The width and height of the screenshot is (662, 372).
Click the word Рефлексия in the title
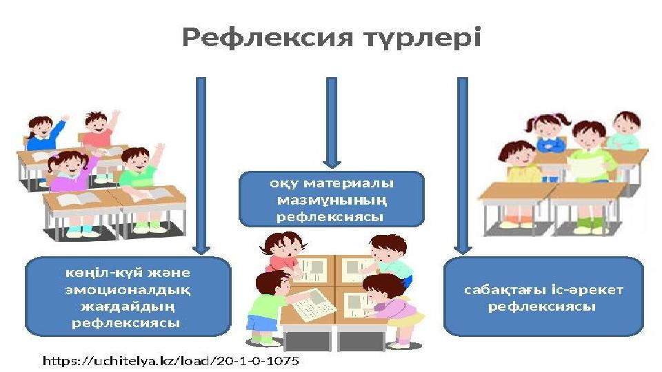[268, 38]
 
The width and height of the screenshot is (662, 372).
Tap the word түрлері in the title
[423, 38]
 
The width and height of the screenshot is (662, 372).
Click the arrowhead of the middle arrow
[332, 163]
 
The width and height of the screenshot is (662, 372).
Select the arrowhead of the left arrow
[201, 249]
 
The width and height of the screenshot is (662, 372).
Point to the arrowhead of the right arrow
[463, 249]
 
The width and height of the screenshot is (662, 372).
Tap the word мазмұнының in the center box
[332, 200]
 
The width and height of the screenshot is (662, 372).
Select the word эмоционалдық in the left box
[128, 291]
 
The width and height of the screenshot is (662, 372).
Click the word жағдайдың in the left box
[128, 307]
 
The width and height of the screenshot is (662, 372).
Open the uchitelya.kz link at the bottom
[171, 361]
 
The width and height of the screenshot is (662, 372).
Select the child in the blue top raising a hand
[44, 133]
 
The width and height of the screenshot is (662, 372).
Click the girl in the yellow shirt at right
[520, 163]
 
